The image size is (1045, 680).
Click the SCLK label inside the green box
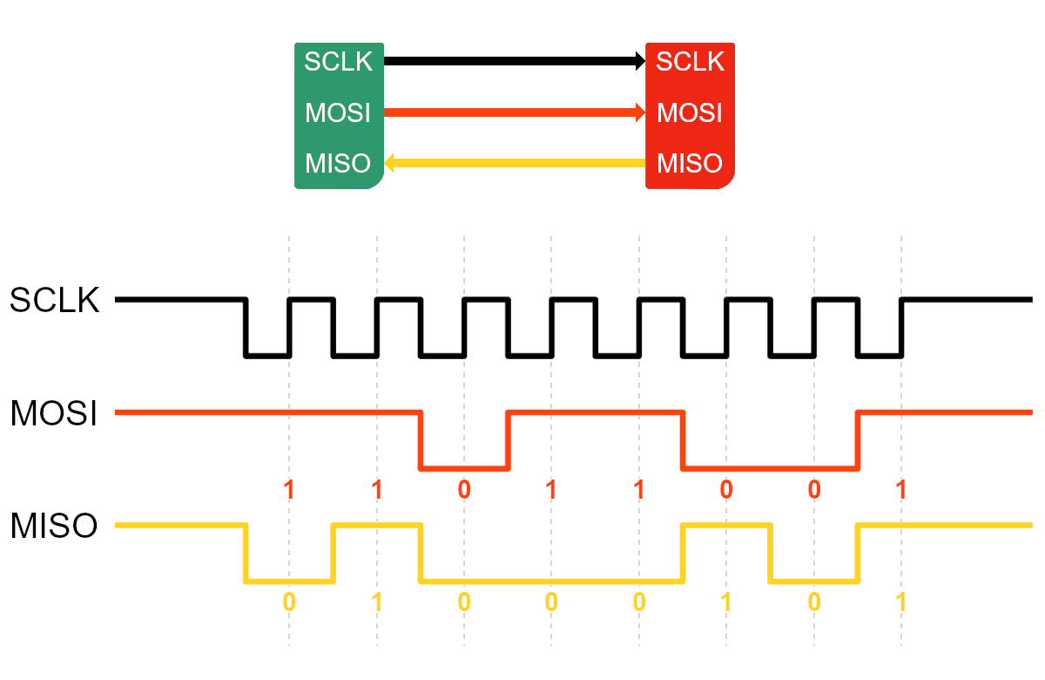(338, 62)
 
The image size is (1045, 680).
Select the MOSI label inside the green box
(338, 113)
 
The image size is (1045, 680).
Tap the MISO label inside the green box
(338, 164)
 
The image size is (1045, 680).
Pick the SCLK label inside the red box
(690, 62)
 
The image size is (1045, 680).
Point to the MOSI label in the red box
(690, 113)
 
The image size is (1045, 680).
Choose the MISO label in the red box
(690, 164)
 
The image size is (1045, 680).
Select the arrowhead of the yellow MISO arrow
(390, 162)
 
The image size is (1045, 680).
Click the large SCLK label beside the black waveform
(55, 302)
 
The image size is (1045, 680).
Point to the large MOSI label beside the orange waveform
(53, 414)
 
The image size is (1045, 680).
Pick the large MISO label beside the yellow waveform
(53, 527)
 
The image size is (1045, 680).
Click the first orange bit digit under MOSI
(289, 490)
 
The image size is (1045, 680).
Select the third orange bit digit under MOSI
(464, 490)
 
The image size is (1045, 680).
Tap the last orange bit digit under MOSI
(901, 490)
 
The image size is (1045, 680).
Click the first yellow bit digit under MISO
(289, 602)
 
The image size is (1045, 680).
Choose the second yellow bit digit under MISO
(377, 602)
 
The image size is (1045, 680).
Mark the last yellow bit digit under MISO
(901, 602)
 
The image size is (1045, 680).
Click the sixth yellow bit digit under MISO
(726, 602)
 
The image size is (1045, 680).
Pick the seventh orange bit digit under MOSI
(814, 490)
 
